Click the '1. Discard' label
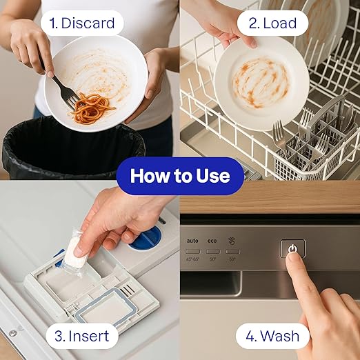click(x=81, y=23)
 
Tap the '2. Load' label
click(x=272, y=23)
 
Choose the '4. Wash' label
click(x=272, y=336)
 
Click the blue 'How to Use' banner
click(x=180, y=176)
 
